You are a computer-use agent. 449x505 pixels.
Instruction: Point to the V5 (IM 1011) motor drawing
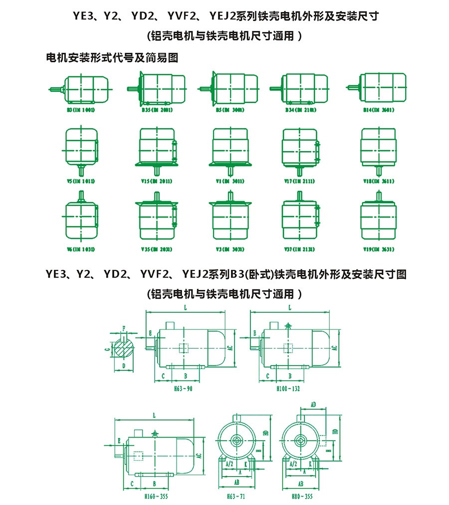(81, 148)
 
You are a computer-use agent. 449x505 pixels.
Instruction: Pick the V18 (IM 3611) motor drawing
(378, 148)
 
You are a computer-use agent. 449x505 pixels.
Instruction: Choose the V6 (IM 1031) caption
(81, 250)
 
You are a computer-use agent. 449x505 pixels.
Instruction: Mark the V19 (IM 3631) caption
(378, 250)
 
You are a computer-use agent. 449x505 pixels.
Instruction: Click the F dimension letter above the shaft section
(124, 328)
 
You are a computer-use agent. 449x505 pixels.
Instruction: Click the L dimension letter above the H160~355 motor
(155, 415)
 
